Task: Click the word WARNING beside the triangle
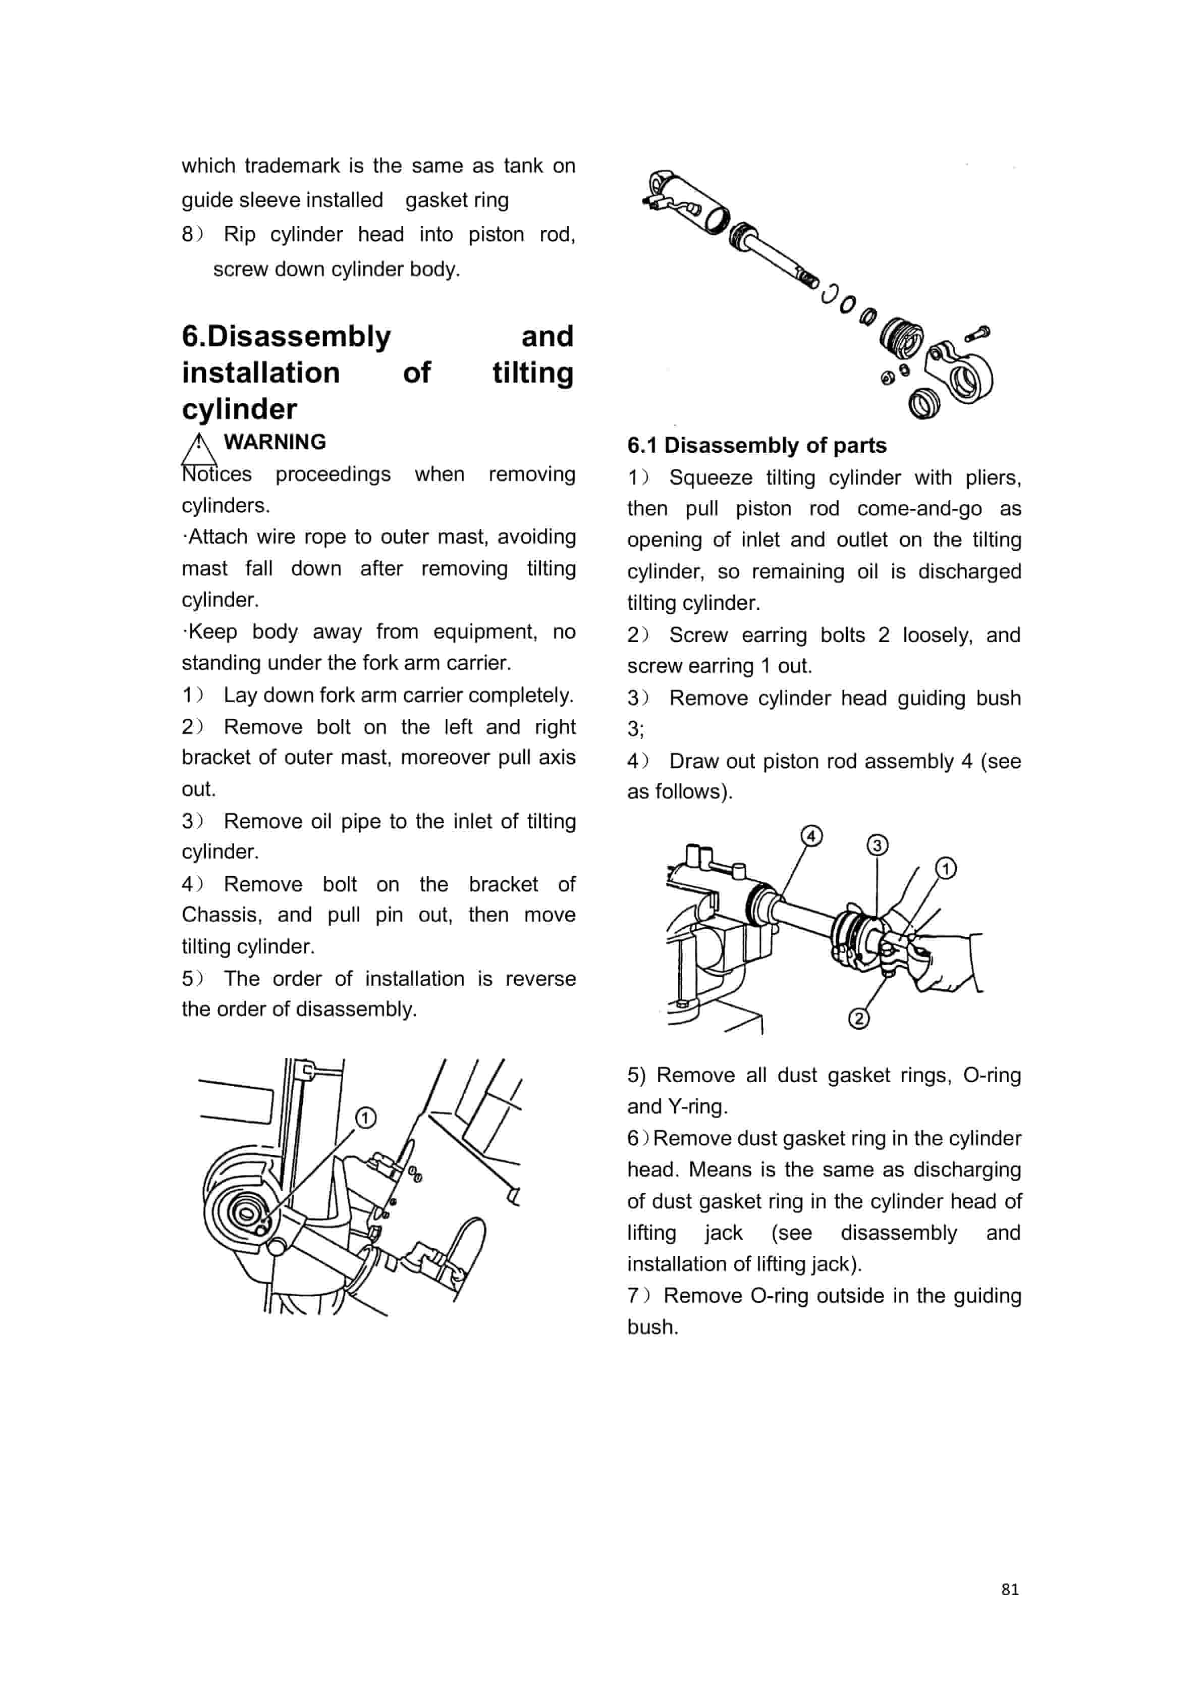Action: click(275, 442)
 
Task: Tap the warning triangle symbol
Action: click(198, 447)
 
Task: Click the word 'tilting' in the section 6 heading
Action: click(532, 373)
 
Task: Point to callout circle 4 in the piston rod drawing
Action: click(811, 836)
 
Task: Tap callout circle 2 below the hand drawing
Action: click(858, 1019)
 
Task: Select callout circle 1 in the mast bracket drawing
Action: click(366, 1118)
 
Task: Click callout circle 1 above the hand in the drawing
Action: click(946, 868)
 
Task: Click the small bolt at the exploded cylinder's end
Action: click(977, 335)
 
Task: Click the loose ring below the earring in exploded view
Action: click(923, 403)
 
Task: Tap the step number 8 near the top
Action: click(188, 235)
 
